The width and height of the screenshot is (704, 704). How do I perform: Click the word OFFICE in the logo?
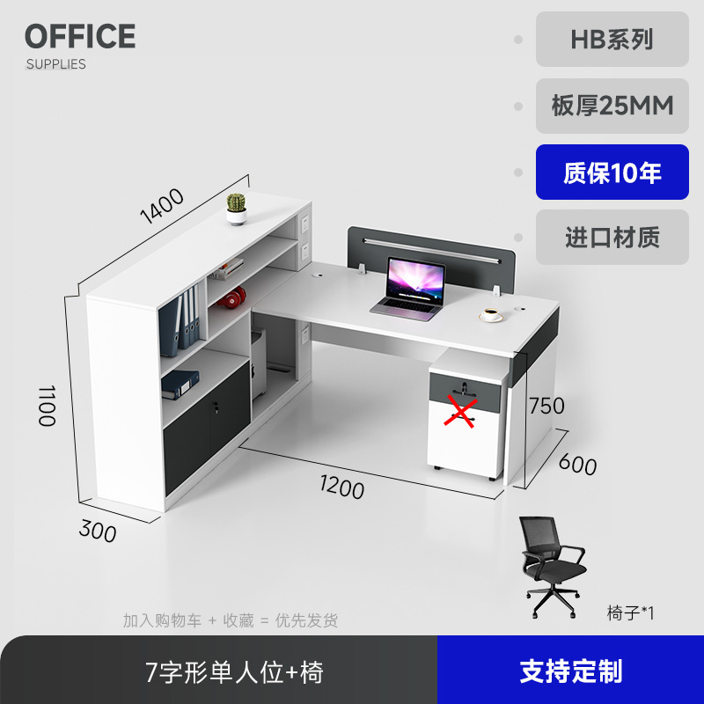pos(80,37)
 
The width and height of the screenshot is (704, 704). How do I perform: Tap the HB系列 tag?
pos(612,40)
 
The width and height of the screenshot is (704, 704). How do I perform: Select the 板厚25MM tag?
pos(612,106)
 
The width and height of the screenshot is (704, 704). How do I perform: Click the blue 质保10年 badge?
pos(612,172)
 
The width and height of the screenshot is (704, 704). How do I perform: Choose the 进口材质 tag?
pos(612,238)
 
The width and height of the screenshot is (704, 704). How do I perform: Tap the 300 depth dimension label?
pos(98,530)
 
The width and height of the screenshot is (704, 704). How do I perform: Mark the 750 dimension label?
pos(546,406)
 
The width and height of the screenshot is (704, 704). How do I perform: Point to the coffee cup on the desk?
pos(489,313)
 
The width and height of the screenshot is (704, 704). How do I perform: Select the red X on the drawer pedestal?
pos(458,411)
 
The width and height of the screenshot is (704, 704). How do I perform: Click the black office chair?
pos(552,566)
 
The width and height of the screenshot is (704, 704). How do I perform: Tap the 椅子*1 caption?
pos(630,612)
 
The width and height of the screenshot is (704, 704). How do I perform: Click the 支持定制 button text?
pos(570,671)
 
